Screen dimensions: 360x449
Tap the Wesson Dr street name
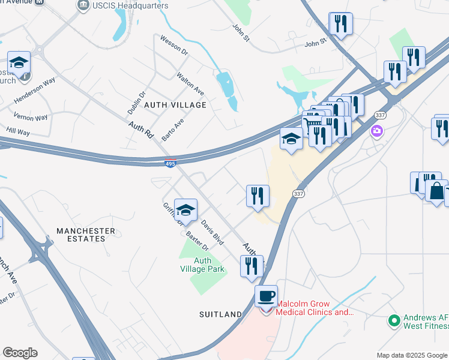point(174,46)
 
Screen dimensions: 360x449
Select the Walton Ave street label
point(190,84)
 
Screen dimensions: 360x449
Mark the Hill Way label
point(18,131)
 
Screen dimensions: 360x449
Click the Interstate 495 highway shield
point(170,163)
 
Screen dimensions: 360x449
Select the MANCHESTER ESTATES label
point(85,235)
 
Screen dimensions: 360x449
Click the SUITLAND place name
point(221,314)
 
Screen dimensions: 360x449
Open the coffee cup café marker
point(266,296)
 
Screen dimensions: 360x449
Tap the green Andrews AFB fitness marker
point(394,321)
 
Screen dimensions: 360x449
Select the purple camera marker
point(377,131)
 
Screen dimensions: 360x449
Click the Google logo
point(20,353)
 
